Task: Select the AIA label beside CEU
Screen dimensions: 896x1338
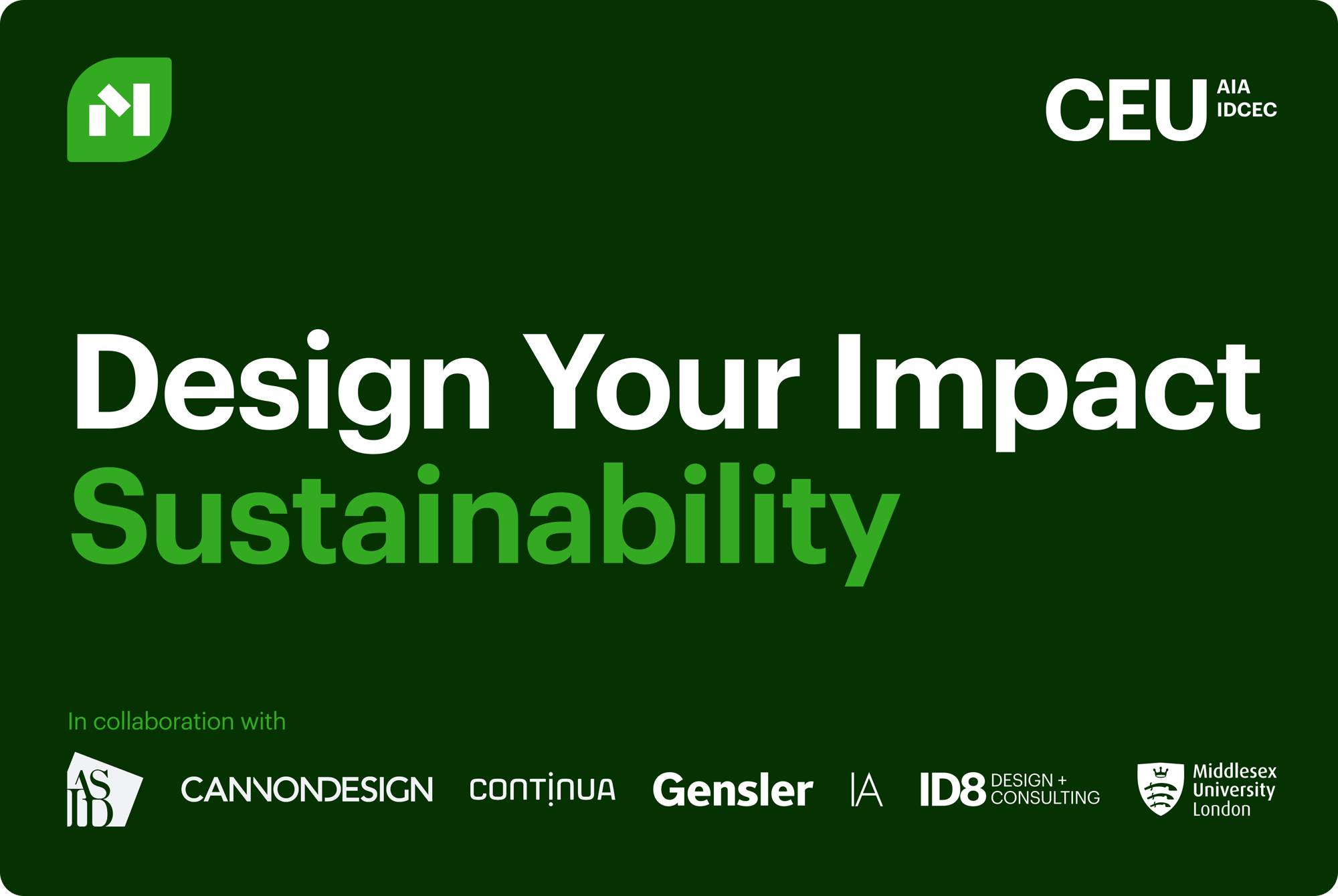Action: pyautogui.click(x=1233, y=87)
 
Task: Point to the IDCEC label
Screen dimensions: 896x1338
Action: pyautogui.click(x=1246, y=110)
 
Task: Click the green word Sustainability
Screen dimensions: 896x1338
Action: pyautogui.click(x=484, y=515)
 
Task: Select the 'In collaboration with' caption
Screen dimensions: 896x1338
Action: pyautogui.click(x=177, y=721)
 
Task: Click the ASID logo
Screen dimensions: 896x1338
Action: pyautogui.click(x=104, y=790)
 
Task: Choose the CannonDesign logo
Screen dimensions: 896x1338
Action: pyautogui.click(x=307, y=790)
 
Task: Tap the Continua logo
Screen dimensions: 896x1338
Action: pyautogui.click(x=543, y=790)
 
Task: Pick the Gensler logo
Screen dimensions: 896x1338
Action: pyautogui.click(x=733, y=790)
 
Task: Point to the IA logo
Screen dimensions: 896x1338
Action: pyautogui.click(x=866, y=790)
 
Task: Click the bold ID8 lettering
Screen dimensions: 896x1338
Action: pyautogui.click(x=953, y=790)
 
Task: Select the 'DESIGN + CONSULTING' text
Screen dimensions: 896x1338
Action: pyautogui.click(x=1045, y=789)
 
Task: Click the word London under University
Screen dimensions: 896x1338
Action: pyautogui.click(x=1221, y=810)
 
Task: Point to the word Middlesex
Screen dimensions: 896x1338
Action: pyautogui.click(x=1234, y=772)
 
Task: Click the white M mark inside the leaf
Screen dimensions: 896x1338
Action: pyautogui.click(x=120, y=110)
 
